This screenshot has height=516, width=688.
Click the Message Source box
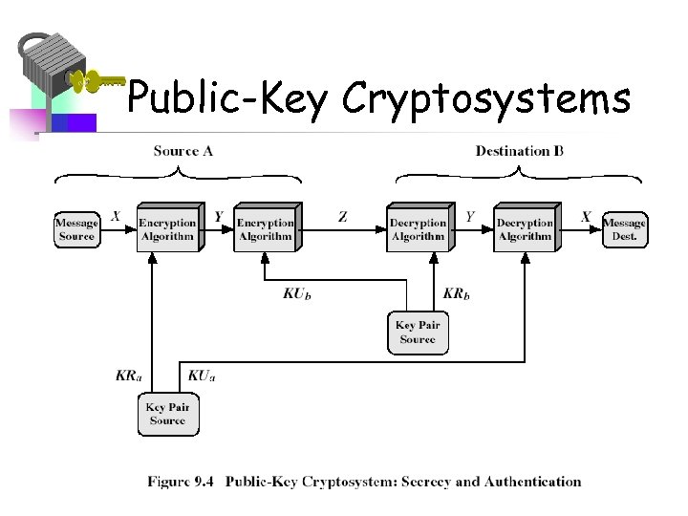pyautogui.click(x=76, y=229)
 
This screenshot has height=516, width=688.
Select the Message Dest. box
pyautogui.click(x=624, y=229)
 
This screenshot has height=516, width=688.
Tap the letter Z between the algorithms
pyautogui.click(x=342, y=217)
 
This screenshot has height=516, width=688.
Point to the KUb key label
pyautogui.click(x=297, y=293)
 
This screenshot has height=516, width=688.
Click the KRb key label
pyautogui.click(x=457, y=293)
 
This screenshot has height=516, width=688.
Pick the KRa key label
pyautogui.click(x=128, y=376)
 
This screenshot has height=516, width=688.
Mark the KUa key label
pyautogui.click(x=201, y=376)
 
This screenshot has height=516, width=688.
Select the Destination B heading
pyautogui.click(x=519, y=150)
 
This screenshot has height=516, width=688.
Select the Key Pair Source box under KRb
pyautogui.click(x=418, y=333)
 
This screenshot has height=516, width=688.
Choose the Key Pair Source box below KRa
pyautogui.click(x=167, y=414)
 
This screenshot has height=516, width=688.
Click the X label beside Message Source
pyautogui.click(x=116, y=217)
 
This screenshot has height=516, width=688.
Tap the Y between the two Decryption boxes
pyautogui.click(x=470, y=217)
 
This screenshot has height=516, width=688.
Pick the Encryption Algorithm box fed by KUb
pyautogui.click(x=266, y=229)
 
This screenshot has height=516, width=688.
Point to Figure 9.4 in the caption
pyautogui.click(x=182, y=482)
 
